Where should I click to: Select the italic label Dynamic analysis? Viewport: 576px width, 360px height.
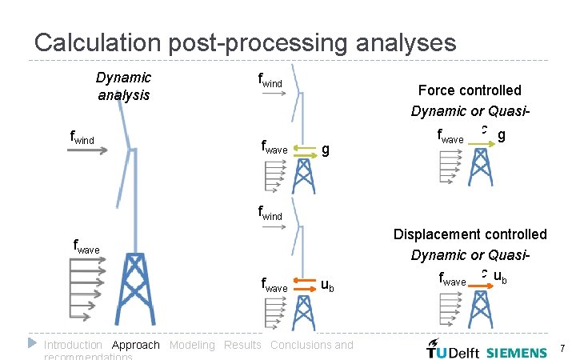tap(123, 86)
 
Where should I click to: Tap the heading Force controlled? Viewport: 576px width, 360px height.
tap(470, 90)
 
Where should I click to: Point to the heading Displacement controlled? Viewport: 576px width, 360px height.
tap(470, 234)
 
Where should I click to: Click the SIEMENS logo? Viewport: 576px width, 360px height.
tap(517, 351)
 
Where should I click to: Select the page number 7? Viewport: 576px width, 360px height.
tap(562, 349)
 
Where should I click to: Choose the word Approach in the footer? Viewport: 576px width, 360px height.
tap(136, 345)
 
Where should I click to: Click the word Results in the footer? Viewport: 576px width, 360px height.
tap(242, 345)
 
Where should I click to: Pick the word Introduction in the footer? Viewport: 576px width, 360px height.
tap(73, 345)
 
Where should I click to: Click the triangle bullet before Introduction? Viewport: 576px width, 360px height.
tap(33, 343)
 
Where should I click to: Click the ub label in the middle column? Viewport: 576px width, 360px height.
tap(327, 284)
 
